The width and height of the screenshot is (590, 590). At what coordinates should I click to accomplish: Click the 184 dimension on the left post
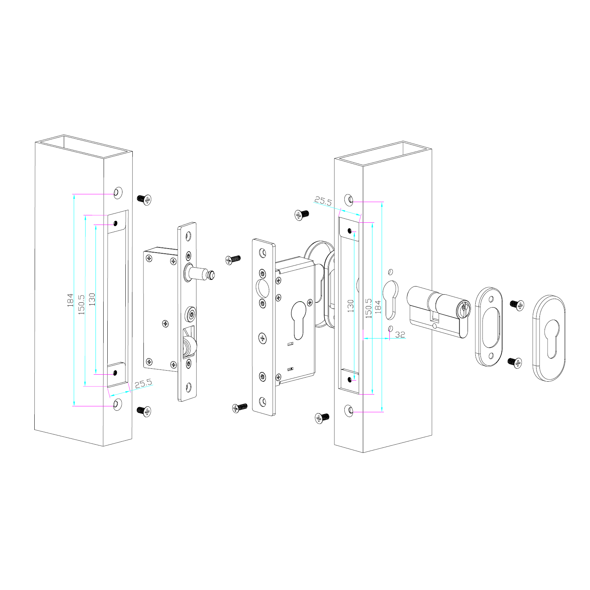[70, 300]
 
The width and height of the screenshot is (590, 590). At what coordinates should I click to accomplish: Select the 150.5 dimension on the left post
[81, 304]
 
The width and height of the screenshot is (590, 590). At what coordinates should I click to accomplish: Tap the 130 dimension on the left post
[92, 299]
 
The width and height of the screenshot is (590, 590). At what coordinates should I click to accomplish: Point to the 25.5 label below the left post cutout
[143, 383]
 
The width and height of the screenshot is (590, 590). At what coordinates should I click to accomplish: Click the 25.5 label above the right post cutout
[323, 201]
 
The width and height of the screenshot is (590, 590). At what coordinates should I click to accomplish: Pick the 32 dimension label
[400, 334]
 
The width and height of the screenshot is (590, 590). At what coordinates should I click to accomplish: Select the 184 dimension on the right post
[378, 307]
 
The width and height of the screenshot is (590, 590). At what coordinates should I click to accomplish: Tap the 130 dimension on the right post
[350, 306]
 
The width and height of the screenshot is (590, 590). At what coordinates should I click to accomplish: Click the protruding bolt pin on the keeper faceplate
[201, 274]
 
